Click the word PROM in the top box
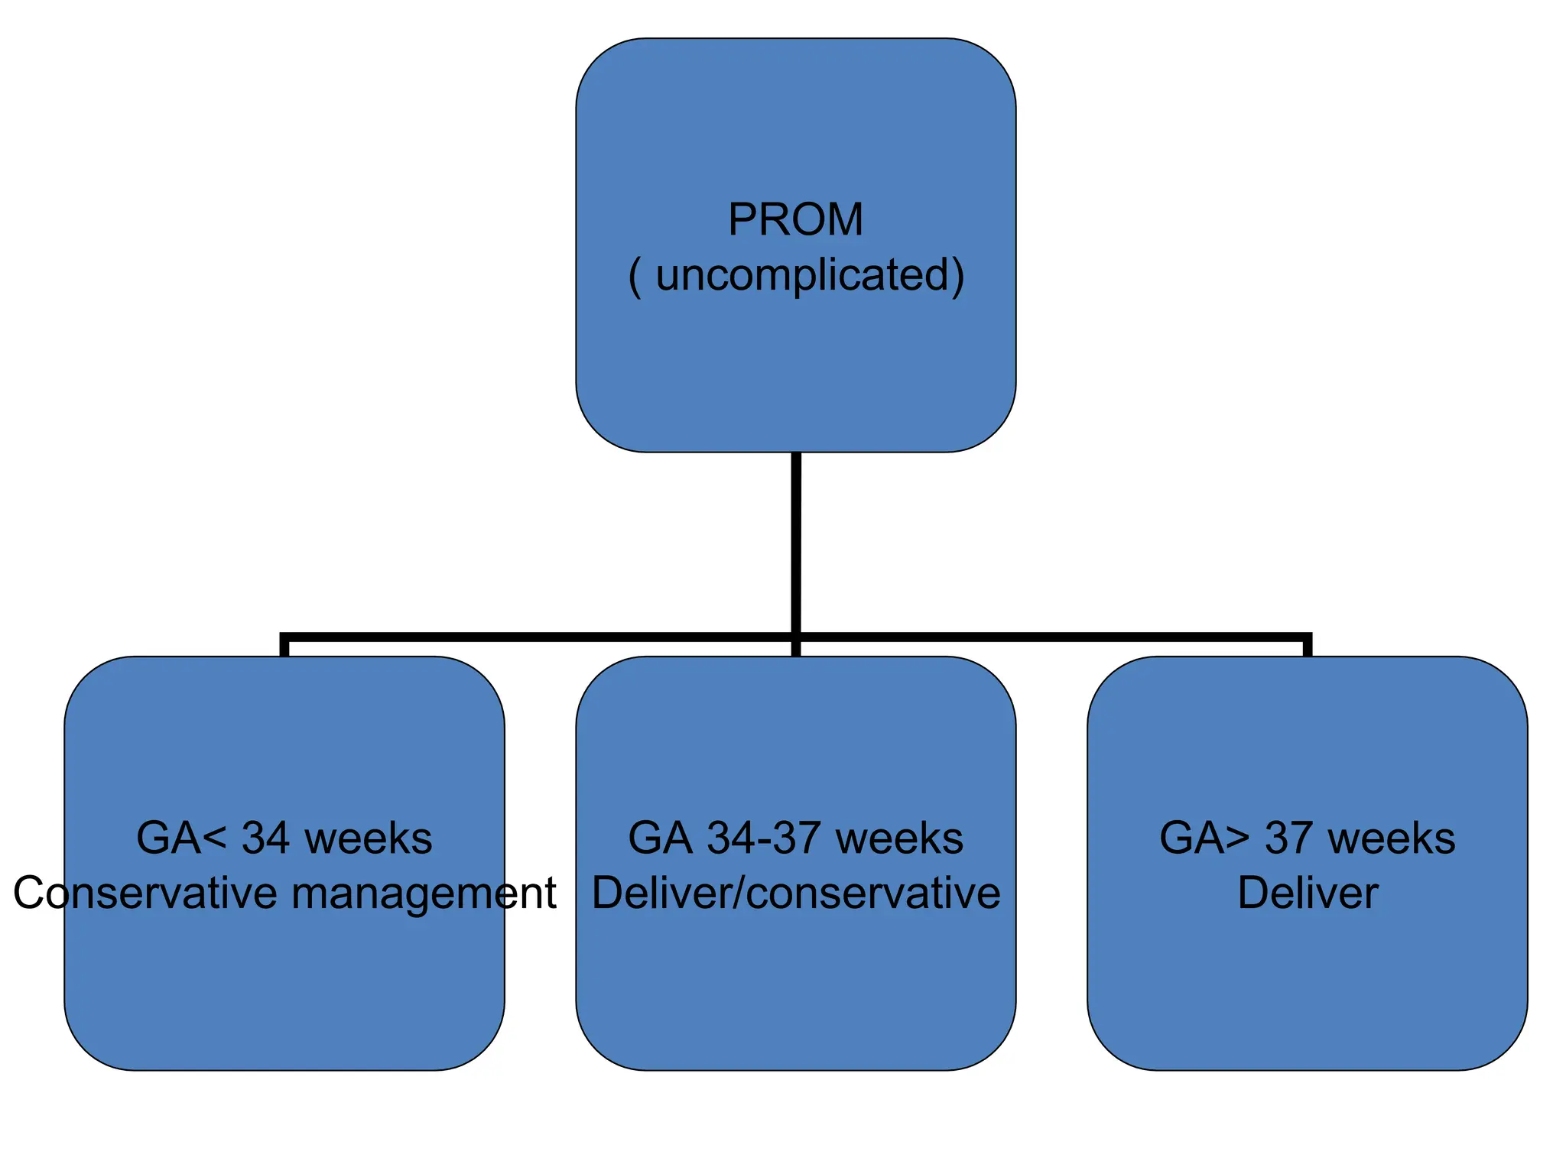click(795, 220)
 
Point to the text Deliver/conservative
click(795, 893)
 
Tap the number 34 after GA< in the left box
click(265, 838)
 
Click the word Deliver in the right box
click(1308, 893)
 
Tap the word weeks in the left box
click(368, 838)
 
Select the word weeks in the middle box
click(899, 838)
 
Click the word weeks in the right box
click(1392, 838)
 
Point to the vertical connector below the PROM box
click(796, 543)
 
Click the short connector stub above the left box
click(284, 647)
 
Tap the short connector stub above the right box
click(1308, 647)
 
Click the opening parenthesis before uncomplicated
click(635, 277)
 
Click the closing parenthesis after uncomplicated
click(957, 277)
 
